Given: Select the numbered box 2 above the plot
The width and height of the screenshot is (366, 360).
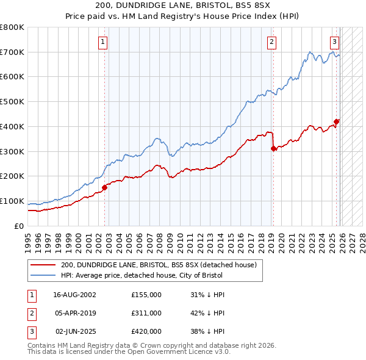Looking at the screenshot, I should [271, 42].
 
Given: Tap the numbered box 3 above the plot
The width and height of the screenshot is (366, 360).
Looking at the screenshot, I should [335, 42].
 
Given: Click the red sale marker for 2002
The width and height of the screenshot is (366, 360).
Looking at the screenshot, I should [105, 187].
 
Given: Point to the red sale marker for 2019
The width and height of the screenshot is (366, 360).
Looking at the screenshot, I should [273, 148].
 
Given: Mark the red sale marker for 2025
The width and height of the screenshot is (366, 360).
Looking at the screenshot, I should [337, 121].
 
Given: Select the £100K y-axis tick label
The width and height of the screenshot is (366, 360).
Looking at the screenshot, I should [12, 201].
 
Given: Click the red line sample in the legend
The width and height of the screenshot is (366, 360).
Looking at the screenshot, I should [43, 265].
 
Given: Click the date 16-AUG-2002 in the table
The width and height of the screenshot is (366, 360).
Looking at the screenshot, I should [74, 295].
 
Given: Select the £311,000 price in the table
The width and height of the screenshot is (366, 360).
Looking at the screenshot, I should [146, 313].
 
